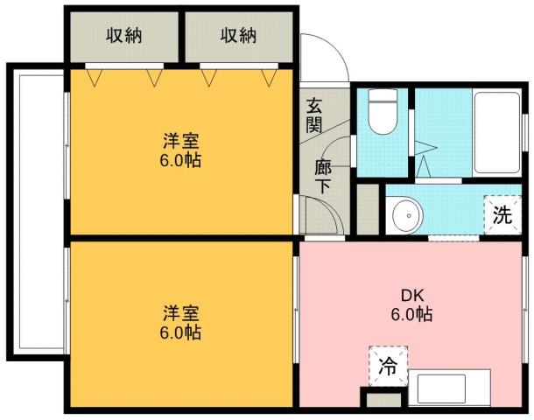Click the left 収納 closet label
[x=124, y=36]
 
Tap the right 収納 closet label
[x=237, y=36]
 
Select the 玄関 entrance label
[x=314, y=114]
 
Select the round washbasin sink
[x=404, y=213]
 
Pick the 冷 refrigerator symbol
[x=386, y=368]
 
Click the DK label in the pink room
[x=411, y=295]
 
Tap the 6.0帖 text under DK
[x=411, y=314]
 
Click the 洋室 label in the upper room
[x=181, y=140]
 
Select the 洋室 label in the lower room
[x=181, y=313]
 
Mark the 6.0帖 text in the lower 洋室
[x=181, y=333]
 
